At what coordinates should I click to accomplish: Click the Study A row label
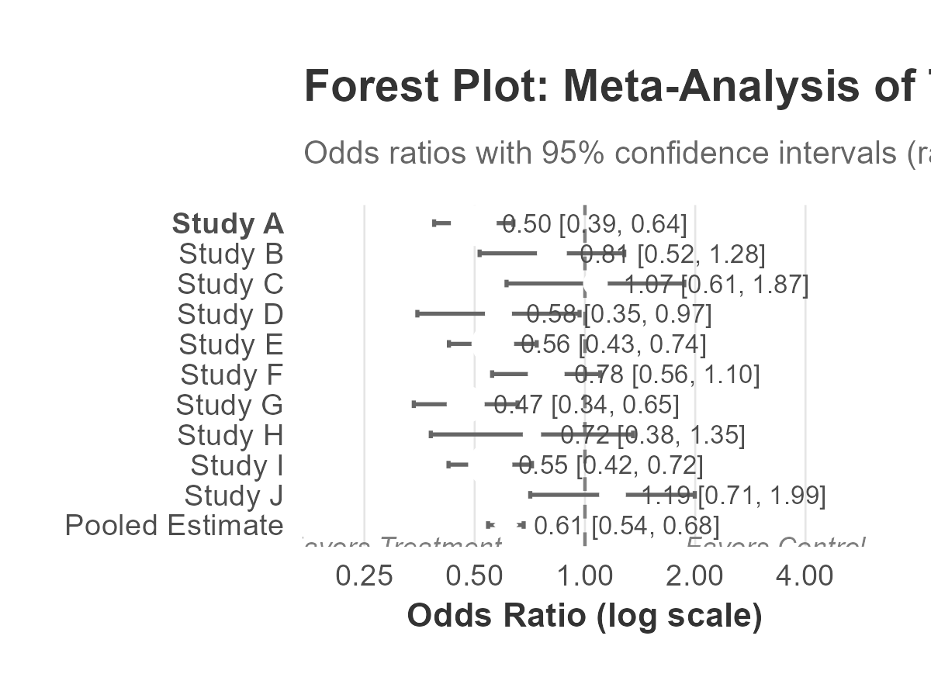(x=227, y=224)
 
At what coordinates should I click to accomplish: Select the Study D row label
(x=230, y=315)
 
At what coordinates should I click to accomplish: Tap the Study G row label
(x=229, y=406)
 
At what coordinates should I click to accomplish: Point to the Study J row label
(x=233, y=496)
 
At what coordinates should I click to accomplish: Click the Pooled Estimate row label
(x=174, y=526)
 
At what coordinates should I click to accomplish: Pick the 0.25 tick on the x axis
(x=365, y=577)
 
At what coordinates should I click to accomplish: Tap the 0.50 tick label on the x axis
(x=475, y=577)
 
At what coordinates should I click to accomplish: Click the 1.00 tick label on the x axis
(x=585, y=577)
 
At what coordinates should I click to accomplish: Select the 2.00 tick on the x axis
(x=695, y=577)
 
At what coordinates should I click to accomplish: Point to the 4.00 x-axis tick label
(x=805, y=577)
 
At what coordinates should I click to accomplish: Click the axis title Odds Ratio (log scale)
(x=584, y=616)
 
